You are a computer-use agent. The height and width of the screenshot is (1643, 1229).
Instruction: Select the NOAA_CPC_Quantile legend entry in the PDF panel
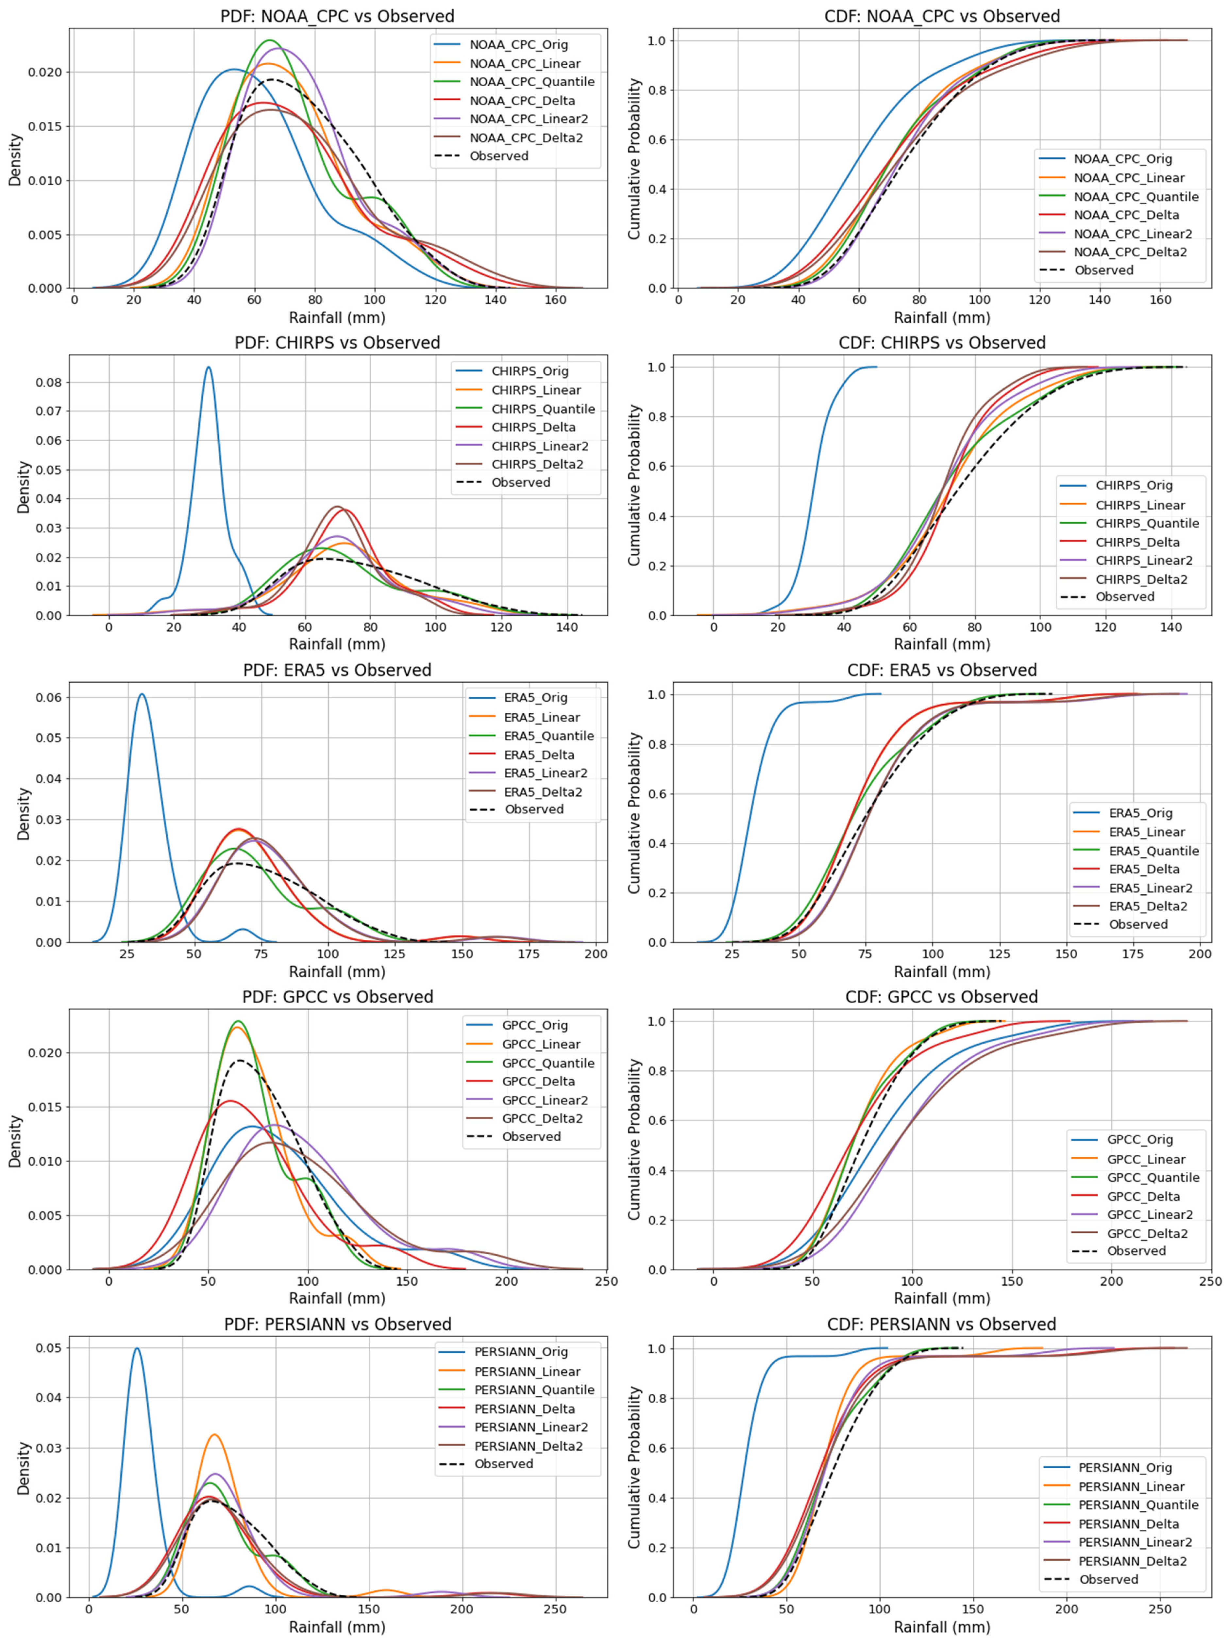pyautogui.click(x=531, y=82)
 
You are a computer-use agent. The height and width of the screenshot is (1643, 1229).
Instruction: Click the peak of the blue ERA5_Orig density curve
pyautogui.click(x=141, y=694)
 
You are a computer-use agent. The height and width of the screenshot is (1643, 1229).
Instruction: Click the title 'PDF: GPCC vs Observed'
pyautogui.click(x=337, y=997)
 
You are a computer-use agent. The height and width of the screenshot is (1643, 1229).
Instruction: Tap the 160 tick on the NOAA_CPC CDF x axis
pyautogui.click(x=1160, y=300)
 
